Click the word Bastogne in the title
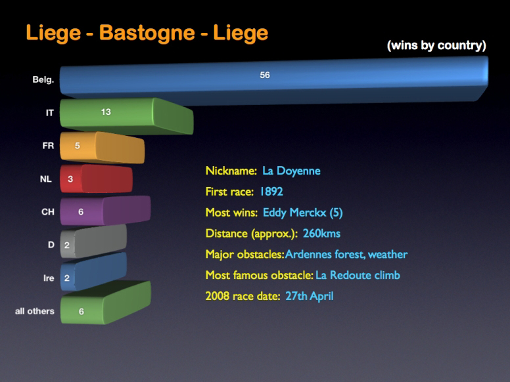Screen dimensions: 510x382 point(147,33)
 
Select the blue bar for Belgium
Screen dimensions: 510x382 point(274,81)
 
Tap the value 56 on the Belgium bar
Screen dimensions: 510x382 point(265,75)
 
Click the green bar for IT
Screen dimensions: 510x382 point(127,116)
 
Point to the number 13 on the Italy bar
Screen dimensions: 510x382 point(106,112)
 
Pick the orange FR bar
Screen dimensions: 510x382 point(102,148)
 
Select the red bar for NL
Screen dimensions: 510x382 point(96,179)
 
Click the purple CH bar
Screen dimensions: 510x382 point(105,211)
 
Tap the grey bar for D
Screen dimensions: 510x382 point(93,242)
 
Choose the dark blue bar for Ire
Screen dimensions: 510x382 point(93,272)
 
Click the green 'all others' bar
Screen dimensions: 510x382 point(106,303)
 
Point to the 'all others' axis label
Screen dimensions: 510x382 point(34,311)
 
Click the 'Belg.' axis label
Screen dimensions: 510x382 point(43,79)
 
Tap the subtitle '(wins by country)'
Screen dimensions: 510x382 point(436,45)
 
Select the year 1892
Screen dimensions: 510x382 point(271,191)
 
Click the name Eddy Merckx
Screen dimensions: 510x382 point(294,213)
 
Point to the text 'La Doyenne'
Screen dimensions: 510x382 point(291,171)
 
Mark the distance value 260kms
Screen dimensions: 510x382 point(321,233)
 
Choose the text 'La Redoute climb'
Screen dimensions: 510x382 point(358,275)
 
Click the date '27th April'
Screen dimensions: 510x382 point(310,296)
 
